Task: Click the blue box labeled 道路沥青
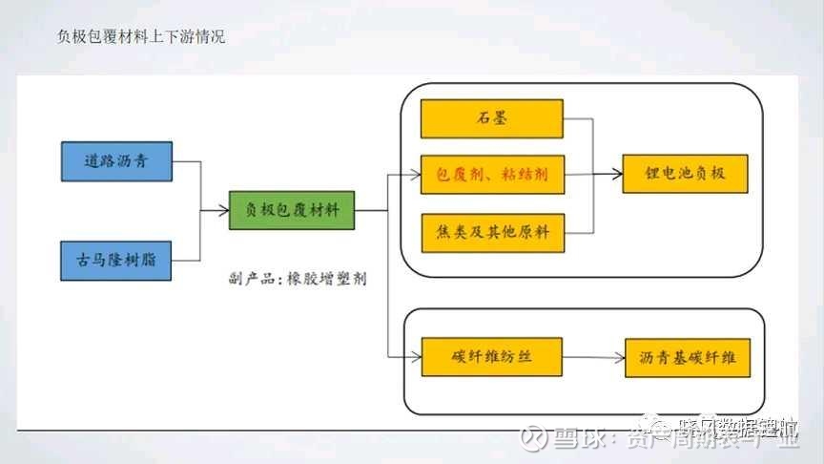pyautogui.click(x=116, y=161)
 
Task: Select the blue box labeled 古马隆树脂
pyautogui.click(x=116, y=260)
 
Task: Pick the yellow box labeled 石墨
pyautogui.click(x=492, y=119)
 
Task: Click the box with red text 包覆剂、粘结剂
pyautogui.click(x=492, y=175)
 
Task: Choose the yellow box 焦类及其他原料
pyautogui.click(x=492, y=233)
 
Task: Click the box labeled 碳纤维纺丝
pyautogui.click(x=492, y=357)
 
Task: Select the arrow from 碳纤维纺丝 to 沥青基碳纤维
pyautogui.click(x=593, y=358)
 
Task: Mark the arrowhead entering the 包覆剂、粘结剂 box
pyautogui.click(x=415, y=175)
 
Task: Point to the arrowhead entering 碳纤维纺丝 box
pyautogui.click(x=415, y=357)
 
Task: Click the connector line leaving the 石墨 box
pyautogui.click(x=579, y=119)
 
